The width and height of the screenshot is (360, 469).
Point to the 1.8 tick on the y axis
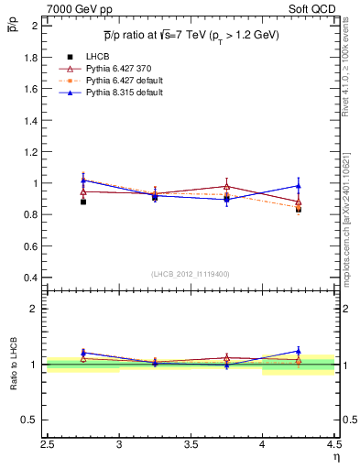pos(30,57)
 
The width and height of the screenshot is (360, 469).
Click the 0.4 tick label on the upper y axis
pos(30,277)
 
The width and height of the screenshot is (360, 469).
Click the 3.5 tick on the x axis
pos(191,446)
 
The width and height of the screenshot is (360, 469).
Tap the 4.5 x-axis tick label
pos(333,446)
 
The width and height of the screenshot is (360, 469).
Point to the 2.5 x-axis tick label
pos(48,446)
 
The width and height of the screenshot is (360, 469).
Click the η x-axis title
pos(335,458)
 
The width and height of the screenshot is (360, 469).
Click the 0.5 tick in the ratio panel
pos(30,420)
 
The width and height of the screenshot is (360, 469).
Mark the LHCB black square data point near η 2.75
pos(83,202)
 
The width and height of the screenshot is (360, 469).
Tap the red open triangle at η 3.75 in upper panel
pos(226,187)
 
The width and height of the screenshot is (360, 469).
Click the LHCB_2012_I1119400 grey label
pos(191,274)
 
